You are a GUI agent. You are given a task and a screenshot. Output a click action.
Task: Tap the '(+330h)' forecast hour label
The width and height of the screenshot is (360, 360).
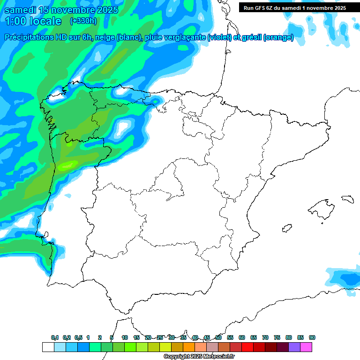pyautogui.click(x=83, y=21)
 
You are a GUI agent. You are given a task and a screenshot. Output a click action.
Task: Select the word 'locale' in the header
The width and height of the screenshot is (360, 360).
pyautogui.click(x=45, y=21)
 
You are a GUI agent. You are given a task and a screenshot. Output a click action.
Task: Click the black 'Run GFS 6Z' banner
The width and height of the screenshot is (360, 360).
pyautogui.click(x=294, y=7)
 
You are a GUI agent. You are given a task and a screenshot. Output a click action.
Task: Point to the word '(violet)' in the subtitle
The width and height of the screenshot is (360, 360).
pyautogui.click(x=219, y=37)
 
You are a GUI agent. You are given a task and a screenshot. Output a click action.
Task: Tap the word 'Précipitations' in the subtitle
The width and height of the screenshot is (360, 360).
pyautogui.click(x=29, y=37)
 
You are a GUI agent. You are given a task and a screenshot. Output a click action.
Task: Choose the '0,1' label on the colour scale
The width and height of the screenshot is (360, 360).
pyautogui.click(x=55, y=337)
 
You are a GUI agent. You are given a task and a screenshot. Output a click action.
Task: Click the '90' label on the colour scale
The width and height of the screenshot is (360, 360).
pyautogui.click(x=312, y=337)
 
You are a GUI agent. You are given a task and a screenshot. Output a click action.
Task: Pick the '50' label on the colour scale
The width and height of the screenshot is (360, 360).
pyautogui.click(x=218, y=337)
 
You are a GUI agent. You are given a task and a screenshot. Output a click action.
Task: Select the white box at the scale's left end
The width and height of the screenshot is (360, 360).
pyautogui.click(x=48, y=347)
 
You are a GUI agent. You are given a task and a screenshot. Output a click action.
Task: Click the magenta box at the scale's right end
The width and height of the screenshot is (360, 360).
pyautogui.click(x=306, y=347)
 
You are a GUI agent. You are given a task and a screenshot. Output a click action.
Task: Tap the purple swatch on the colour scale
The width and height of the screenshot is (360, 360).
pyautogui.click(x=294, y=347)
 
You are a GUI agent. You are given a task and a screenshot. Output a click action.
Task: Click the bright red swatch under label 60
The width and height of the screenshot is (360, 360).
pyautogui.click(x=247, y=347)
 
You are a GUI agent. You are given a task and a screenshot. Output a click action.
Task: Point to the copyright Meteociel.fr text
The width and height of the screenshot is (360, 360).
pyautogui.click(x=199, y=357)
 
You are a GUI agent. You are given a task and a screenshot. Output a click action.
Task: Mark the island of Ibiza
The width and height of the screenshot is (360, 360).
pyautogui.click(x=286, y=228)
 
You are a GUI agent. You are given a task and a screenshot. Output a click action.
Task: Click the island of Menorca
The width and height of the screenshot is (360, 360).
pyautogui.click(x=347, y=198)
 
